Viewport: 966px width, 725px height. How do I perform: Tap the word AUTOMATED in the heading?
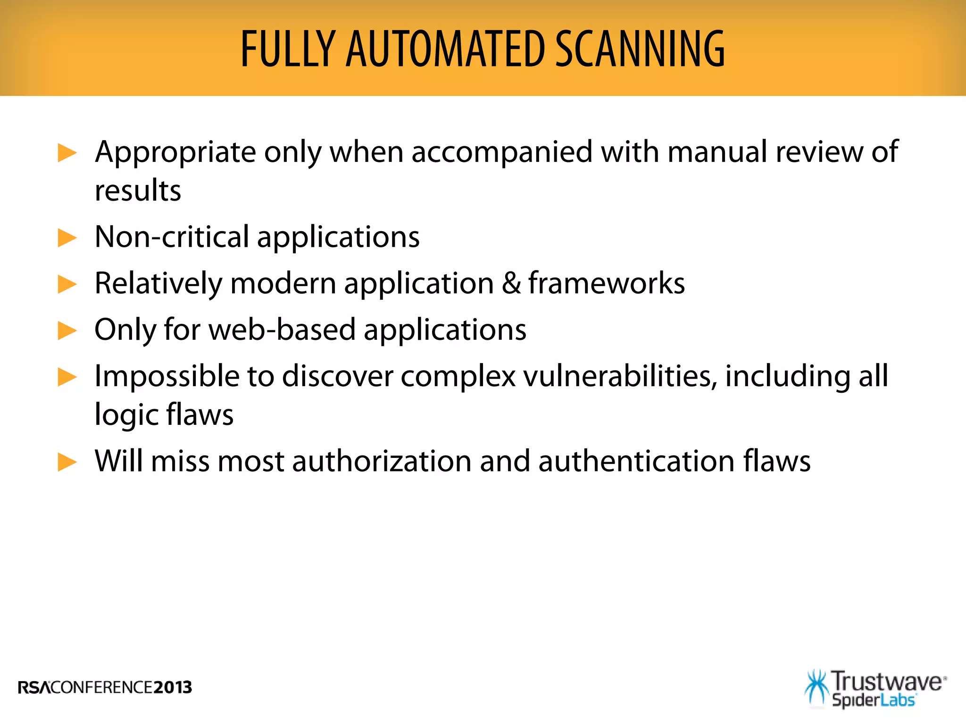(445, 49)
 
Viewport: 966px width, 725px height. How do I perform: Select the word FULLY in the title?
(288, 49)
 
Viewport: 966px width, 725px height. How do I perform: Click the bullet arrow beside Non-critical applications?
(67, 237)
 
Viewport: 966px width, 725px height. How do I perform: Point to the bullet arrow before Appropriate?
(67, 153)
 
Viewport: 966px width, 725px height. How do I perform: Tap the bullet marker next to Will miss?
(67, 462)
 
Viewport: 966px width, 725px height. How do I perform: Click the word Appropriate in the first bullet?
(175, 153)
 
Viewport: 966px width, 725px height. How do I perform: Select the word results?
(138, 191)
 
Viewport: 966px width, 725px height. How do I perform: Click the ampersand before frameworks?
(511, 283)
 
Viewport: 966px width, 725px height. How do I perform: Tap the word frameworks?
(607, 283)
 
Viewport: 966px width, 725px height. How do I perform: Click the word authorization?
(382, 461)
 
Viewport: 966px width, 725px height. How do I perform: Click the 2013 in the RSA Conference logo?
(173, 687)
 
